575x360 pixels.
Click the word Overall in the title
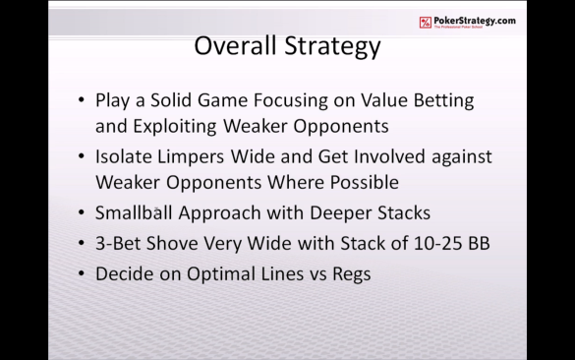click(x=235, y=45)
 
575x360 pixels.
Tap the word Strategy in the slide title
click(x=333, y=47)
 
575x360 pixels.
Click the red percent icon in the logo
click(x=426, y=23)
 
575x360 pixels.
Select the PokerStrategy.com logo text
click(x=475, y=21)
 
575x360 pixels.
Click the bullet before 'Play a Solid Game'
click(x=82, y=99)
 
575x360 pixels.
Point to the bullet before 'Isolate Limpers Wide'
click(x=82, y=156)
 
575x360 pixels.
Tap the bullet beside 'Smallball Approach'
click(x=82, y=212)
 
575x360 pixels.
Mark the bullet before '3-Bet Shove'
click(x=82, y=243)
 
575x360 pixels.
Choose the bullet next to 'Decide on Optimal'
click(x=82, y=273)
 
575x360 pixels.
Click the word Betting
click(x=443, y=101)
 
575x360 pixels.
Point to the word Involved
click(x=389, y=156)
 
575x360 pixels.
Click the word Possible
click(x=365, y=182)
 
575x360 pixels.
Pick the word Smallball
click(x=134, y=212)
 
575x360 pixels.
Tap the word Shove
click(x=172, y=243)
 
